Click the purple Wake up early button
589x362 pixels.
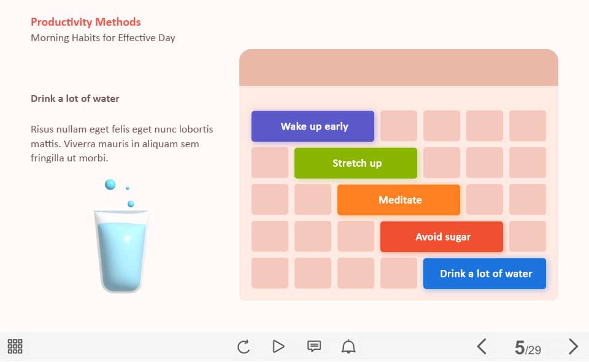(313, 126)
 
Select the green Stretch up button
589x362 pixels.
(356, 163)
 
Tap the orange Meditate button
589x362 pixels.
(399, 200)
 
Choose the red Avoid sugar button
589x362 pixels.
(441, 237)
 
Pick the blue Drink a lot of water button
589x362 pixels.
(485, 274)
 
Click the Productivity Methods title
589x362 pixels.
(86, 22)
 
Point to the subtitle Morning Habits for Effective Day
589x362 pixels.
(103, 38)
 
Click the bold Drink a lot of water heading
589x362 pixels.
(75, 98)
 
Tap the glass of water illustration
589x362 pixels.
(121, 251)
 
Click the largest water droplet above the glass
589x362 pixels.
(110, 185)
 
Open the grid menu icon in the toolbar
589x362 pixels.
(15, 346)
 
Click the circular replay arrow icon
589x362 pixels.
(244, 347)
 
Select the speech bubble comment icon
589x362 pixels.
(314, 346)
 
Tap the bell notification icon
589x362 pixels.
(348, 346)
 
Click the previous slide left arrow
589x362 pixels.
(482, 346)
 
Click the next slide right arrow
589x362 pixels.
(573, 346)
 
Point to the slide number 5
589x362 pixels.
(520, 348)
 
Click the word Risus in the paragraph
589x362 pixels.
(42, 129)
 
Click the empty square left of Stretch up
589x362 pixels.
(270, 163)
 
